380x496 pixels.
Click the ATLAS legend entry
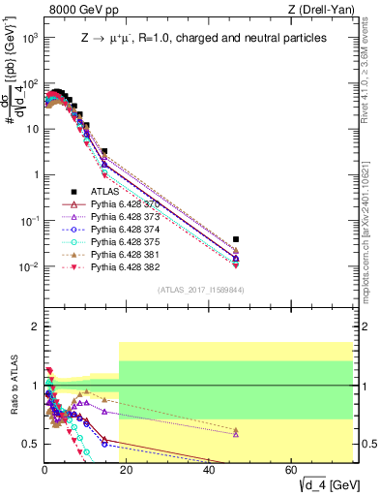[103, 192]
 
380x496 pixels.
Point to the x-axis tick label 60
[292, 470]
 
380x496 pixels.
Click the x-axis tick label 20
[127, 470]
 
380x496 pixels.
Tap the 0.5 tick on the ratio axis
[32, 444]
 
